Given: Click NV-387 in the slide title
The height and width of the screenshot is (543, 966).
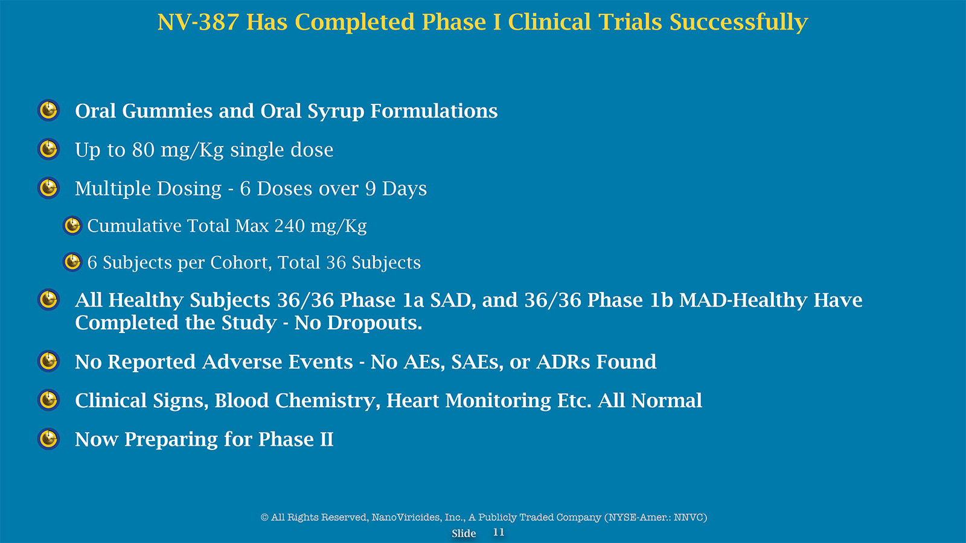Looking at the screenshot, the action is pyautogui.click(x=199, y=22).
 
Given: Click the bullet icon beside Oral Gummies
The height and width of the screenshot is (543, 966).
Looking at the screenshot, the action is pyautogui.click(x=48, y=110).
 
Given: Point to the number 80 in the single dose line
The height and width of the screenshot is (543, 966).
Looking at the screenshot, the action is pyautogui.click(x=143, y=150).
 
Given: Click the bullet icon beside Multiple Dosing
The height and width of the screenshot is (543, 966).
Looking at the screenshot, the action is pyautogui.click(x=48, y=188).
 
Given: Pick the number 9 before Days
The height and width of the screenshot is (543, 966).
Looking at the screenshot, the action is pyautogui.click(x=371, y=189).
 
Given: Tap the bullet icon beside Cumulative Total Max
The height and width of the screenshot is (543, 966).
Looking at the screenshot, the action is pyautogui.click(x=72, y=226).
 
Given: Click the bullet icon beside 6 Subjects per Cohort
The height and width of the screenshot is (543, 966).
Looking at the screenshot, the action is pyautogui.click(x=72, y=262).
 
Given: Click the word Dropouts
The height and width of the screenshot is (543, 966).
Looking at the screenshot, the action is pyautogui.click(x=374, y=323).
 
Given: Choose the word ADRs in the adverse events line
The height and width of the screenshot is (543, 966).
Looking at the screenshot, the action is pyautogui.click(x=563, y=362).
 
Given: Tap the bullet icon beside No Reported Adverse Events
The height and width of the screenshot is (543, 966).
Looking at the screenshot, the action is pyautogui.click(x=48, y=361).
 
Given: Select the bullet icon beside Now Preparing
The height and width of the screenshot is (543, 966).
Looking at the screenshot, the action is pyautogui.click(x=48, y=439).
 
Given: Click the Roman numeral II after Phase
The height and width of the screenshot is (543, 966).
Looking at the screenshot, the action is pyautogui.click(x=327, y=440).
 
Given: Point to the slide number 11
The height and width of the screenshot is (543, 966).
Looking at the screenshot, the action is pyautogui.click(x=499, y=533).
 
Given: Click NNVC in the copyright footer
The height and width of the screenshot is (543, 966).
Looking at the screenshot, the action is pyautogui.click(x=689, y=518).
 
